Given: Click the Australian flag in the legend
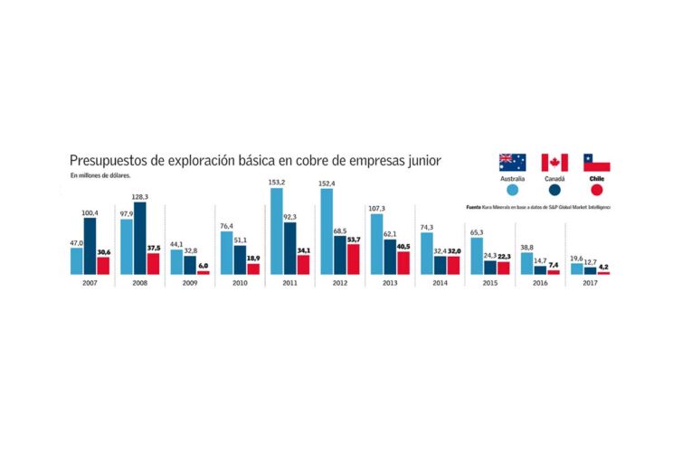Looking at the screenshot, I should click(512, 163).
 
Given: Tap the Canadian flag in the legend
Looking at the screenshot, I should click(555, 163).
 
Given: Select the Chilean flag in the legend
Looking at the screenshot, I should click(596, 163).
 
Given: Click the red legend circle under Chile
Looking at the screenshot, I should click(596, 190).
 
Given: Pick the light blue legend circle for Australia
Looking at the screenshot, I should click(512, 190).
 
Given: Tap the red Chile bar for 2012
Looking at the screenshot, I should click(353, 259).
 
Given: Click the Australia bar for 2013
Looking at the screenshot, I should click(376, 244).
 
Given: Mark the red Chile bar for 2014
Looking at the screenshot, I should click(452, 265).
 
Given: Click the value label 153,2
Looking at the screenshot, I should click(276, 182).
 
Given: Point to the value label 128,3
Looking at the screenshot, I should click(139, 196).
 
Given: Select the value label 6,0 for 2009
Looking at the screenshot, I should click(203, 266).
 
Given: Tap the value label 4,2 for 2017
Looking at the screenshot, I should click(603, 267).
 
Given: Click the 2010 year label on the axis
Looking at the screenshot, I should click(240, 283).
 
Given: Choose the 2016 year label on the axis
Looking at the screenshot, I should click(540, 283).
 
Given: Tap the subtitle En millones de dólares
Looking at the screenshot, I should click(101, 174).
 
